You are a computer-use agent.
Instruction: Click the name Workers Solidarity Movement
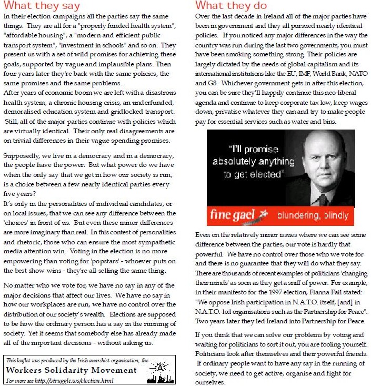[71, 370]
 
